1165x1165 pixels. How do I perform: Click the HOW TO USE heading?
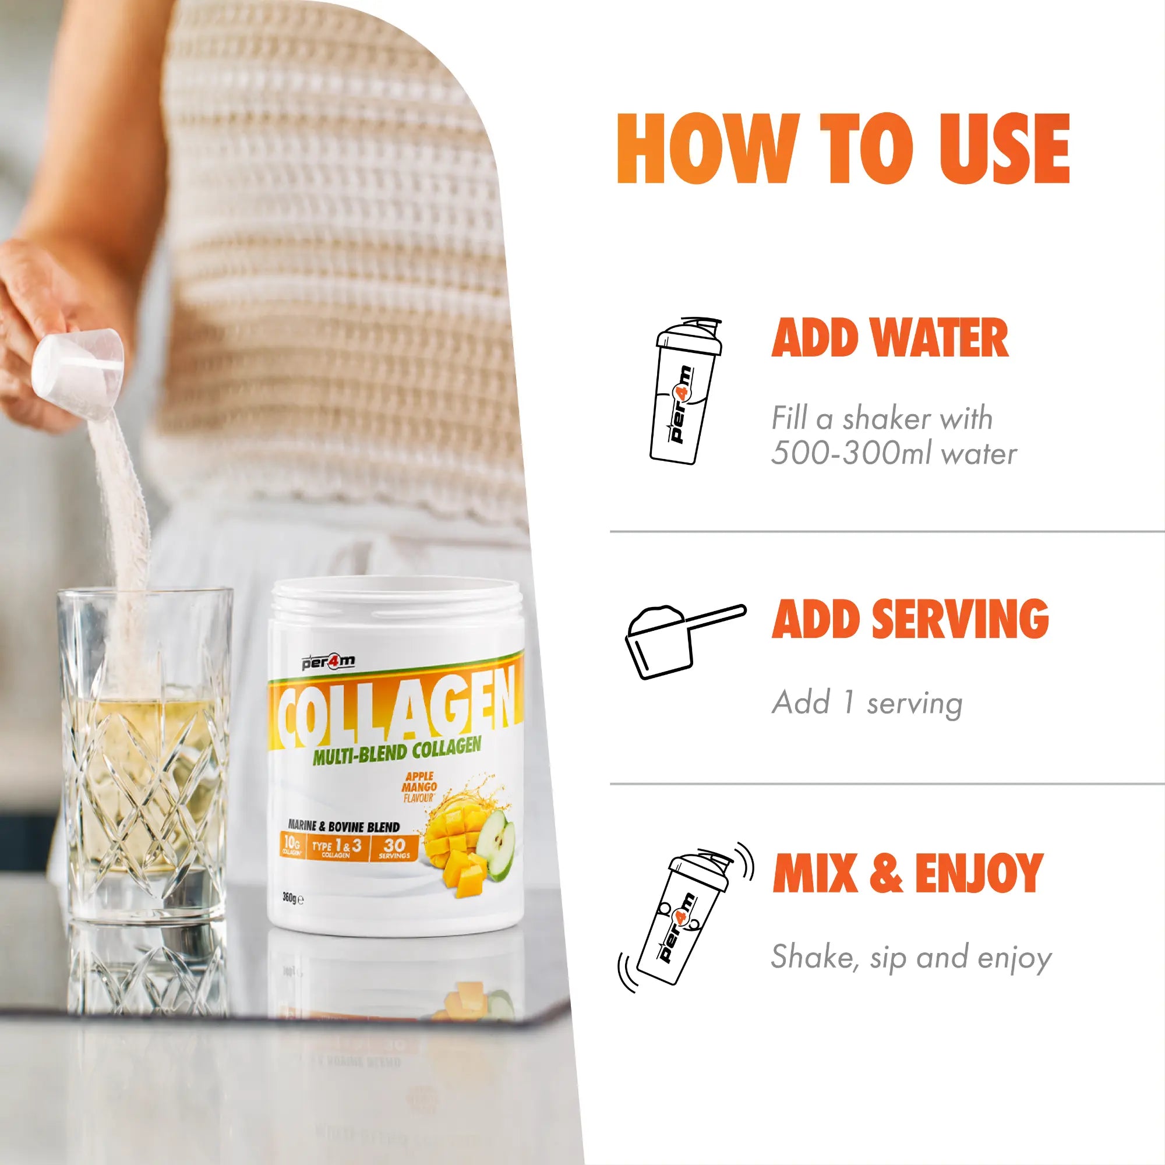pos(843,149)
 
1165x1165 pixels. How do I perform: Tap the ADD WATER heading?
pos(890,338)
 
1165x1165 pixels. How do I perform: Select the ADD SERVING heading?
pos(910,619)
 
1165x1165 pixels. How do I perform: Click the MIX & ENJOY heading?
pos(908,873)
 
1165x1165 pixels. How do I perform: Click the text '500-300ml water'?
pos(894,453)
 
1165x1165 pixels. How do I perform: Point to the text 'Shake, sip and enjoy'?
pos(911,958)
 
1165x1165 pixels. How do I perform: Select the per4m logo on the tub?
pos(329,663)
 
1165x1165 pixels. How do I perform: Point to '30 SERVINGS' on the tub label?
pos(394,848)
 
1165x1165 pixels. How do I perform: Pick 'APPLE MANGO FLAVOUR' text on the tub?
pos(419,786)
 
